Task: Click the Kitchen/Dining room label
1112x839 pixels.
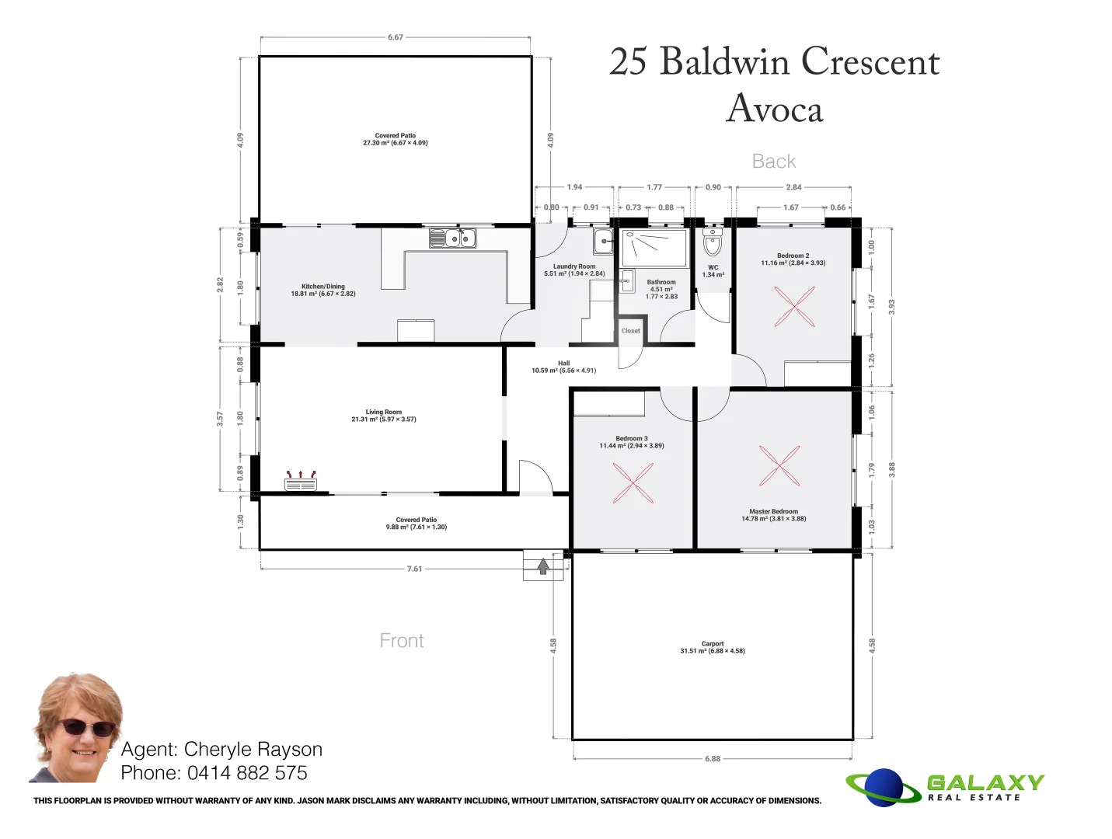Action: (323, 290)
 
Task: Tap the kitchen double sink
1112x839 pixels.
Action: (452, 238)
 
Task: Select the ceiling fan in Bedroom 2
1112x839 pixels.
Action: (794, 306)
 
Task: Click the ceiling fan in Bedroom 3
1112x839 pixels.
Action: (633, 483)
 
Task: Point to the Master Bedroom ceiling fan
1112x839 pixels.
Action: (779, 466)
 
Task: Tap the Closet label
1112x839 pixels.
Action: (631, 331)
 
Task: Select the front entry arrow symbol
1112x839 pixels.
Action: (543, 566)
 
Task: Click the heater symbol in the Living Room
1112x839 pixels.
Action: (301, 482)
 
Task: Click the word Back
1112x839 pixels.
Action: (774, 162)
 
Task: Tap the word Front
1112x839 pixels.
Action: (402, 641)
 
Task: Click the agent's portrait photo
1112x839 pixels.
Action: (76, 728)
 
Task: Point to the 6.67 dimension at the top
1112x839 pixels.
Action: (396, 37)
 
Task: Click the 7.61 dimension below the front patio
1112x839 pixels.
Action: (415, 569)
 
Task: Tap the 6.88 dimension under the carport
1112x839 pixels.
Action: (713, 759)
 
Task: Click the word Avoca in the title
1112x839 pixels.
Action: (775, 109)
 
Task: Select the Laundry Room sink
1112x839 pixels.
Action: (604, 242)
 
